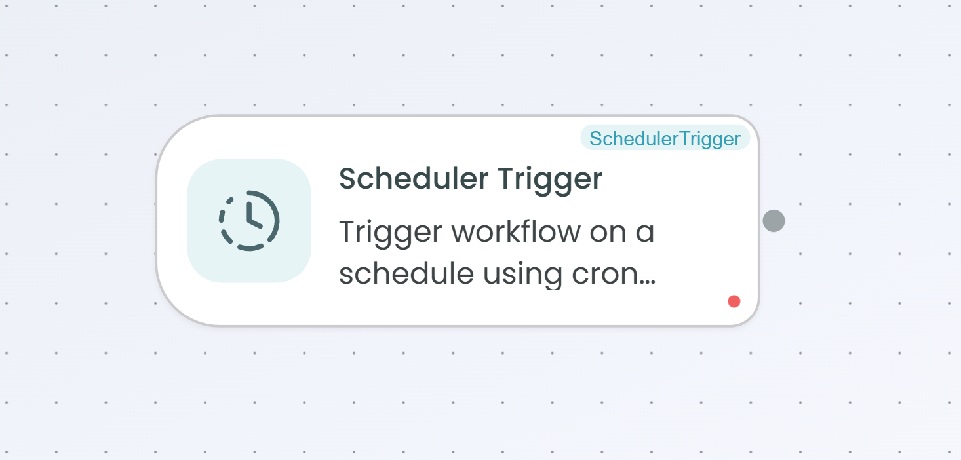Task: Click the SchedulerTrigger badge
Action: (665, 138)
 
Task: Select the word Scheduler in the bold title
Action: (414, 178)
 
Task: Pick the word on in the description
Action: (608, 235)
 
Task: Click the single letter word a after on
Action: (645, 235)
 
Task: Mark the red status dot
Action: (734, 301)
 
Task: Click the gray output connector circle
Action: (774, 221)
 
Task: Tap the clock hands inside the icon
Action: (253, 216)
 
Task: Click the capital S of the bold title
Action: (347, 178)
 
